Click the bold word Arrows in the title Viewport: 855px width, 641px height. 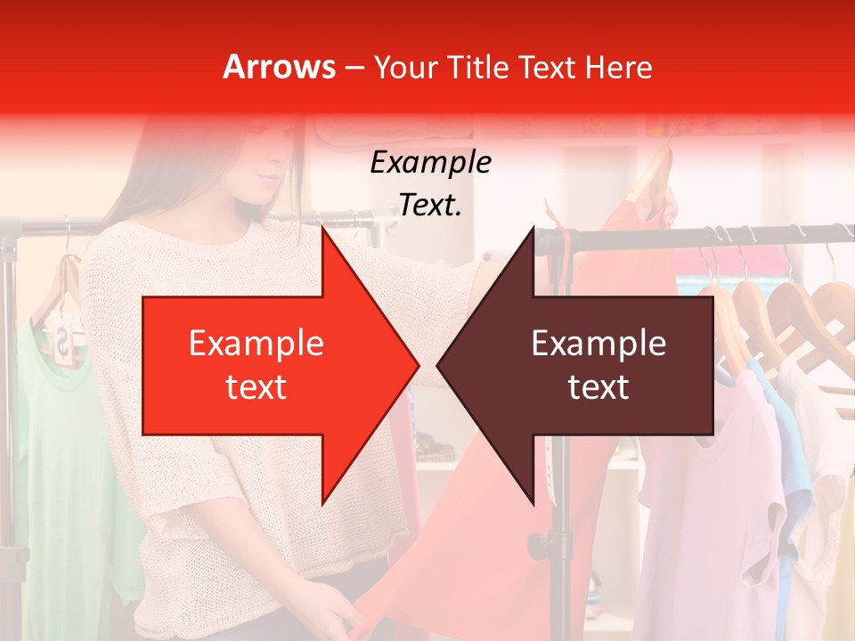(x=280, y=67)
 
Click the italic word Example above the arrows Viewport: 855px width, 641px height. (x=430, y=163)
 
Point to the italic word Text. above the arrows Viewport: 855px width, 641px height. (x=430, y=206)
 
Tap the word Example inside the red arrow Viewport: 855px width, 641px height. (x=256, y=344)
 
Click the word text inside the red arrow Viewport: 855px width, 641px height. (x=256, y=387)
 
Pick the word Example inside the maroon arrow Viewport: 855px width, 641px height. (x=598, y=344)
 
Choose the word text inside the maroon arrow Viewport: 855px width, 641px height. (x=598, y=387)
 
